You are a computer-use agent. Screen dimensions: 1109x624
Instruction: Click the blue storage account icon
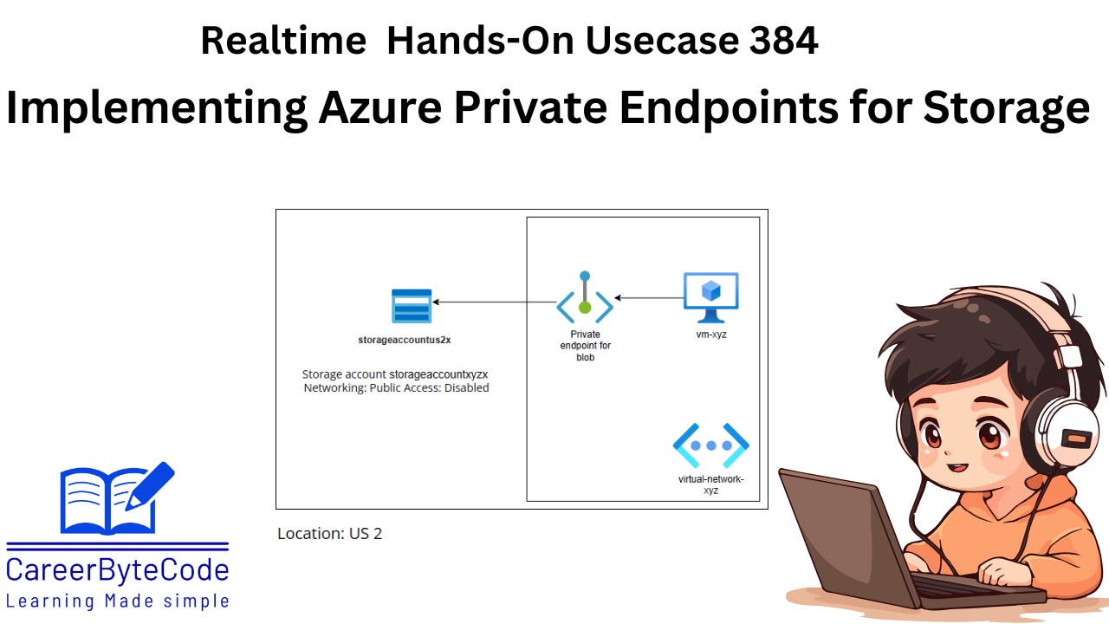412,306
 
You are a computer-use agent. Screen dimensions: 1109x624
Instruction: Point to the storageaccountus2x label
405,340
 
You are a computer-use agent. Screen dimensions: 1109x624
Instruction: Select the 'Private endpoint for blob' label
585,346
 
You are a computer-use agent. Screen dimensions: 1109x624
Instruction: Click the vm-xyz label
710,335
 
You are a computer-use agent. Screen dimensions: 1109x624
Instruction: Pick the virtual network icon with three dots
711,445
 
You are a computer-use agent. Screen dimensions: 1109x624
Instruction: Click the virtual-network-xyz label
711,484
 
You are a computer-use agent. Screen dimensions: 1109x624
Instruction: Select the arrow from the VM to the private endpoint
646,298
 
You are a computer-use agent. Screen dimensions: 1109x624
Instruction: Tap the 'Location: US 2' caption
329,534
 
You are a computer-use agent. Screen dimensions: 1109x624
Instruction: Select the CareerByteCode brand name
118,570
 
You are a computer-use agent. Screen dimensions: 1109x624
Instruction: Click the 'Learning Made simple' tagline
118,601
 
